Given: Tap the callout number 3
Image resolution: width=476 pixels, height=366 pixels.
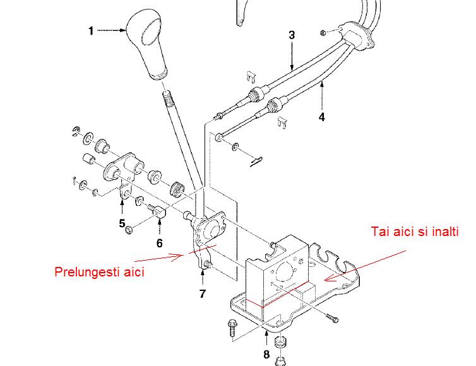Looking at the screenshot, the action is click(292, 35).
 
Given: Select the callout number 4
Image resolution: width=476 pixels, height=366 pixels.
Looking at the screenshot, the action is click(322, 117).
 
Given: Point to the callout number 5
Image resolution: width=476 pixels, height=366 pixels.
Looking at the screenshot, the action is click(122, 223).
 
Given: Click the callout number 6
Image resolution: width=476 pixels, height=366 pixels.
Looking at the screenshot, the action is click(159, 243).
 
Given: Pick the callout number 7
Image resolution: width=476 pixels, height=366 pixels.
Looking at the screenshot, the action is click(203, 294).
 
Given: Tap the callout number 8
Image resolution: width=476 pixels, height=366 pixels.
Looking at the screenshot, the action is click(266, 354).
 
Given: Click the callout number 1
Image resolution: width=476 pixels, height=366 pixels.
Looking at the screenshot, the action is click(91, 31).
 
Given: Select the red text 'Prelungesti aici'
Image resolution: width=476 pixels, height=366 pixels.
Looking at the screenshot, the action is click(99, 271).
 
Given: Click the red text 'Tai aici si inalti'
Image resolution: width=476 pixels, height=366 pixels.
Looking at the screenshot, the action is click(415, 232).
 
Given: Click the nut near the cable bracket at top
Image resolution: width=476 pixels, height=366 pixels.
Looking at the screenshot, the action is click(324, 32).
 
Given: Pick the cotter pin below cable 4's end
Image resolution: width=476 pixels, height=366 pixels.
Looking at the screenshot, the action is click(256, 162).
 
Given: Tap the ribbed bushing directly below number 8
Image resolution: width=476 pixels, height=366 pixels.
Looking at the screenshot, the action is click(280, 342).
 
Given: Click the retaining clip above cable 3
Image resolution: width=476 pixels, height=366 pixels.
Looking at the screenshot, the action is click(251, 77).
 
